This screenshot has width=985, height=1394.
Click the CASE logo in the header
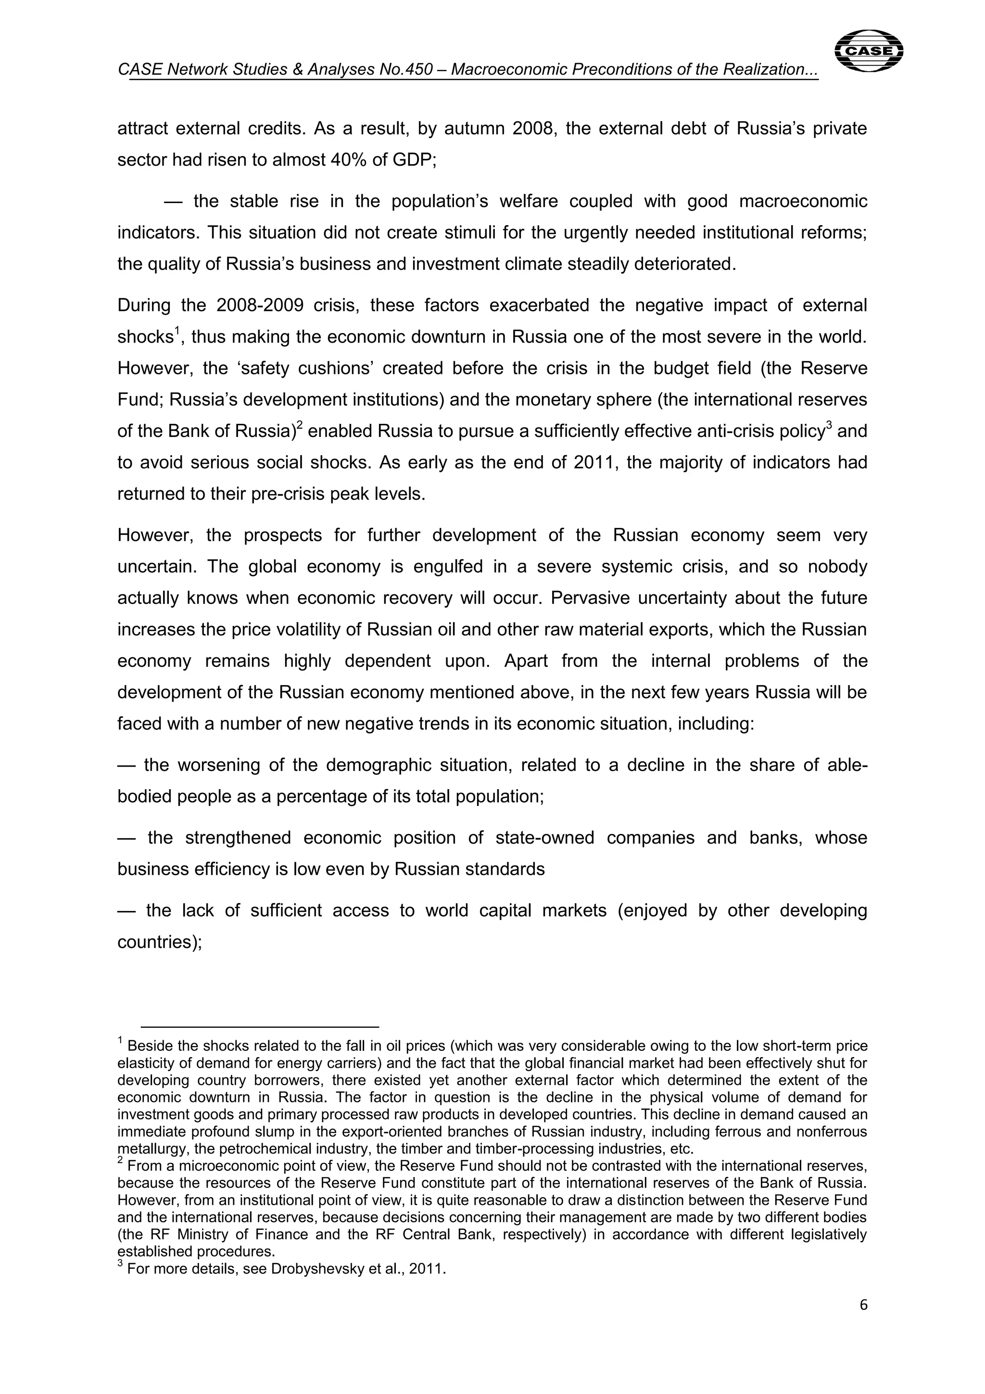pyautogui.click(x=869, y=51)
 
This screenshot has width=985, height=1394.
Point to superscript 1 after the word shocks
pyautogui.click(x=178, y=330)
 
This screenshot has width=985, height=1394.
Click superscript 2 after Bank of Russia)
pyautogui.click(x=299, y=425)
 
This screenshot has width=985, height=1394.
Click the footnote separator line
pyautogui.click(x=260, y=1027)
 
